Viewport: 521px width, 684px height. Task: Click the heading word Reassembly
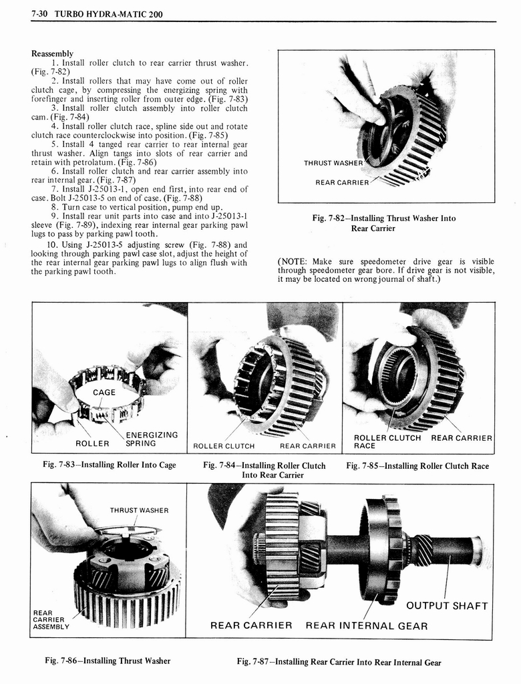[x=52, y=53]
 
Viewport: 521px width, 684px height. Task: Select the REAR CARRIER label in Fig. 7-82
[x=342, y=183]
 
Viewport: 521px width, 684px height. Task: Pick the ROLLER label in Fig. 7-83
[x=92, y=444]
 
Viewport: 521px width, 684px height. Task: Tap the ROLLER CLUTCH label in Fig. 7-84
[x=224, y=446]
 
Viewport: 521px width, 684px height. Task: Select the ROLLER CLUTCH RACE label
[x=387, y=442]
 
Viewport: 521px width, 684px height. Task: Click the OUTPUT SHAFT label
[x=447, y=606]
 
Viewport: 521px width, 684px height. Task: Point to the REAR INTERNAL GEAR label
[x=366, y=626]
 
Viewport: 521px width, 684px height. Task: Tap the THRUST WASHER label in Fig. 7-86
[x=139, y=511]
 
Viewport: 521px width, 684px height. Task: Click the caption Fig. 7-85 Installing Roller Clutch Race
[x=417, y=466]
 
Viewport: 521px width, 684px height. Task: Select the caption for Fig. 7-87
[x=339, y=662]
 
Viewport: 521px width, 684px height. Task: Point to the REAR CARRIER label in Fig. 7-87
[x=251, y=626]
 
